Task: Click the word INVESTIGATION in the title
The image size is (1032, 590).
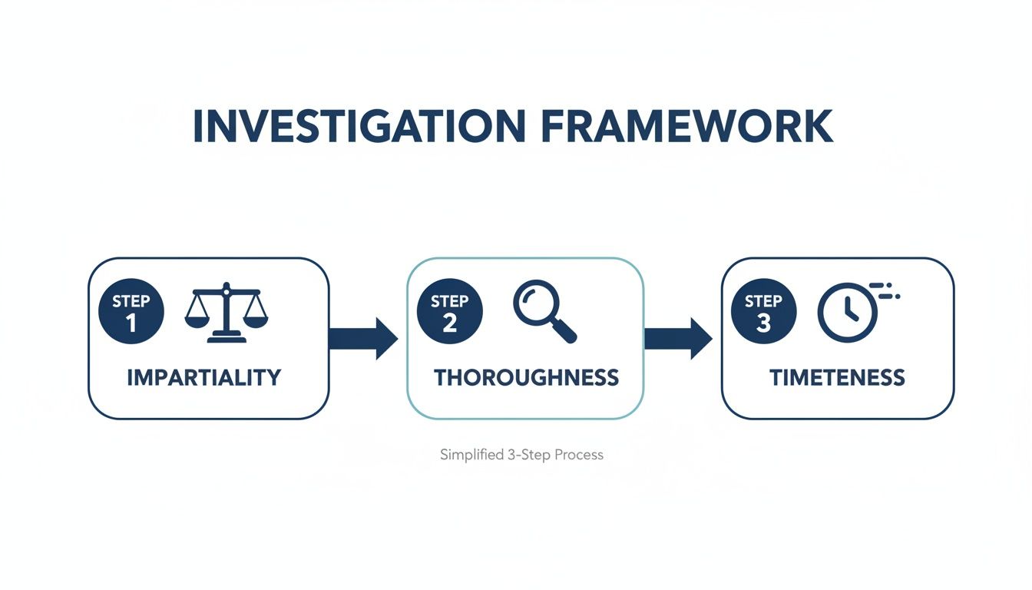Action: pyautogui.click(x=357, y=127)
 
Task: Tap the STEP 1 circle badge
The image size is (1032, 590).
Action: pyautogui.click(x=131, y=311)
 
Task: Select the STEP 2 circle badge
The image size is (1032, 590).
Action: pyautogui.click(x=449, y=311)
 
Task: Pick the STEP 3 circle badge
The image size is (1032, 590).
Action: pyautogui.click(x=763, y=311)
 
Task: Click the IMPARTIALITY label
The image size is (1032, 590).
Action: pyautogui.click(x=203, y=377)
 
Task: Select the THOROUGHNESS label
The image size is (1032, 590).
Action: pyautogui.click(x=526, y=377)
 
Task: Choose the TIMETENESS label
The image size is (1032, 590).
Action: pyautogui.click(x=837, y=377)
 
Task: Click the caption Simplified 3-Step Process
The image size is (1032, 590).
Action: pyautogui.click(x=521, y=455)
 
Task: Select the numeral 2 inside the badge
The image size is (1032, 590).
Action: pyautogui.click(x=449, y=323)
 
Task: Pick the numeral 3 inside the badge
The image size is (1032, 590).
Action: pyautogui.click(x=763, y=323)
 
